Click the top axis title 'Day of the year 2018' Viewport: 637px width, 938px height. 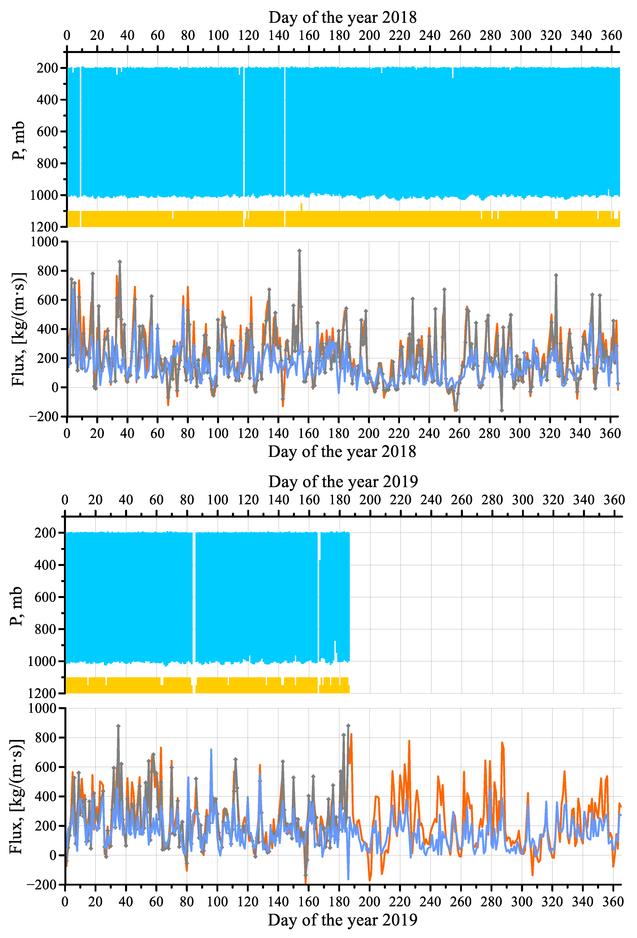[x=342, y=17]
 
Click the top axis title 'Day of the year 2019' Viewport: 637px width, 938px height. [x=343, y=482]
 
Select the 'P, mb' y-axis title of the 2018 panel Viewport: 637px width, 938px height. [x=18, y=141]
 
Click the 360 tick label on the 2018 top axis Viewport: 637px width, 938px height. [x=611, y=35]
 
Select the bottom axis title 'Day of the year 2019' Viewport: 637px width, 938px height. [x=342, y=920]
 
